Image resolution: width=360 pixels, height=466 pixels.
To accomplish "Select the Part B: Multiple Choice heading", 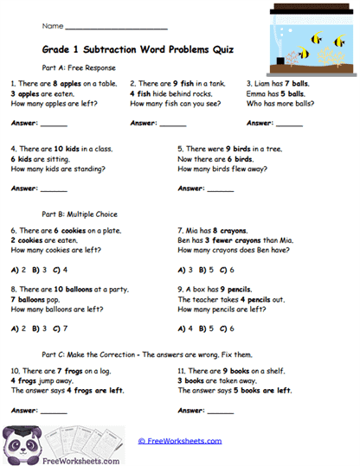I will click(x=79, y=214).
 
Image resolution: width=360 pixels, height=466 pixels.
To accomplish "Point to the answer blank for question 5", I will click(x=221, y=188).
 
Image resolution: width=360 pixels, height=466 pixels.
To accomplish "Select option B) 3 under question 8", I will click(x=38, y=329).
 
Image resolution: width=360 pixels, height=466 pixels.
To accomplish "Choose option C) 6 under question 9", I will click(x=227, y=329).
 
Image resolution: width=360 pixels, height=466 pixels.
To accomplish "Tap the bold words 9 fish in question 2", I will click(x=181, y=83).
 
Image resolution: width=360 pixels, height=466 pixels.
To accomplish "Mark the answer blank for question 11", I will click(x=221, y=411).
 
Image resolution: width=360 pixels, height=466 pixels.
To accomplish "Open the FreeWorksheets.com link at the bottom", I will click(x=179, y=440).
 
